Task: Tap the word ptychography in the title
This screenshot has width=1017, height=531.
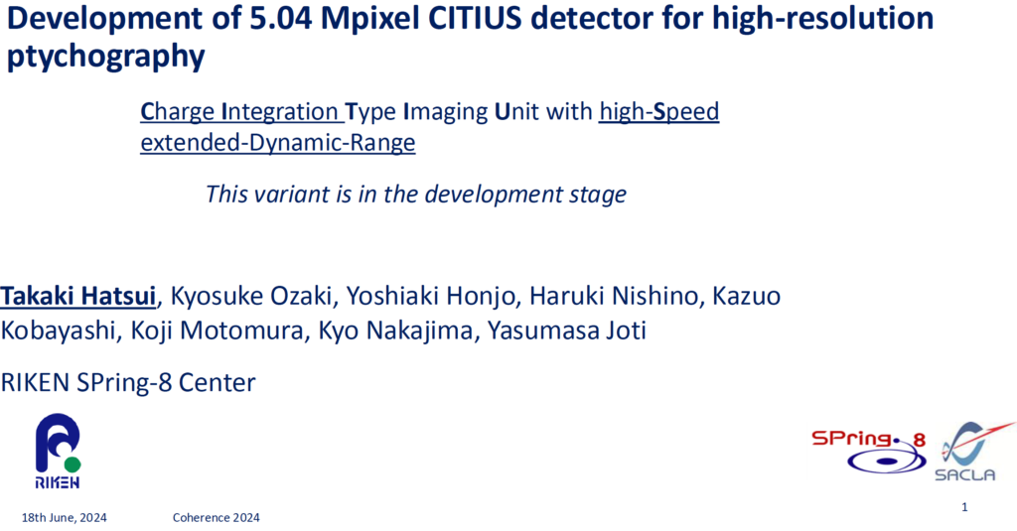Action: pos(106,57)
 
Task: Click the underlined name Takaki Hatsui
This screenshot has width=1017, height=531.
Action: pos(78,296)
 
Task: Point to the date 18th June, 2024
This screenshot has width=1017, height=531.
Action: pos(66,517)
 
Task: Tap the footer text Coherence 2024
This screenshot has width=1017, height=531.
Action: pos(216,517)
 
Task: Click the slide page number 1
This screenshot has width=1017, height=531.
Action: pos(964,507)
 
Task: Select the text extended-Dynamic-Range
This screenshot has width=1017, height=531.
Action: pos(278,143)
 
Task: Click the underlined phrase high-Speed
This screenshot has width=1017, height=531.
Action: pos(659,111)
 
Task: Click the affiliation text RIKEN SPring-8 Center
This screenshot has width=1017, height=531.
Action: pos(128,381)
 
